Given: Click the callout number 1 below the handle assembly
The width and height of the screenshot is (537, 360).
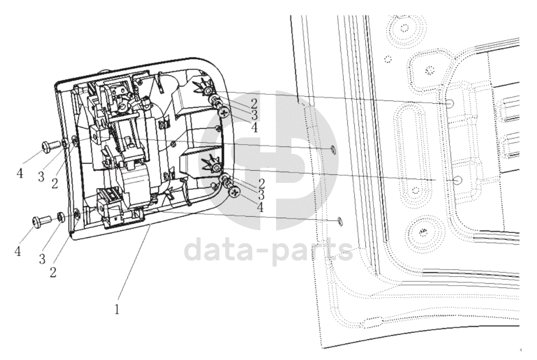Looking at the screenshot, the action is [x=117, y=309].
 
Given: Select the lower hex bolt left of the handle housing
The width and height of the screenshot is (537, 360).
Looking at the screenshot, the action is [x=41, y=220].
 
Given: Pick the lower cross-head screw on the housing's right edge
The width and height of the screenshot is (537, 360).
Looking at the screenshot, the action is [x=235, y=192].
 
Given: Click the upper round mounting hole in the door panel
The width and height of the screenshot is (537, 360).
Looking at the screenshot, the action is [x=450, y=103].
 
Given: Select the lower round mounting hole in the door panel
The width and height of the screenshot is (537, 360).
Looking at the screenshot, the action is [x=458, y=180].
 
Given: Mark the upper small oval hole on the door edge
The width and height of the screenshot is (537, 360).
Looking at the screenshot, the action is [x=332, y=149].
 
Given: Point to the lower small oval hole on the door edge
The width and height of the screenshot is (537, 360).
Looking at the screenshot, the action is [x=339, y=221].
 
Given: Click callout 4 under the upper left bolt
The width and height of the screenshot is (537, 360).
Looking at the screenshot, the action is [x=20, y=173].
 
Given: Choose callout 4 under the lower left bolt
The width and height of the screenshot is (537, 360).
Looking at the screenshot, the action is [x=18, y=251].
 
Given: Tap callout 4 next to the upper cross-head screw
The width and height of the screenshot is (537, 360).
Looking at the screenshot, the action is [x=254, y=128].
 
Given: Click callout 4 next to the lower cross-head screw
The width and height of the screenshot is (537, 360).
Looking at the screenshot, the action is [x=261, y=207].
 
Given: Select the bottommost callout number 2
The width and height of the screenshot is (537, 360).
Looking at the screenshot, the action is [x=53, y=272].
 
